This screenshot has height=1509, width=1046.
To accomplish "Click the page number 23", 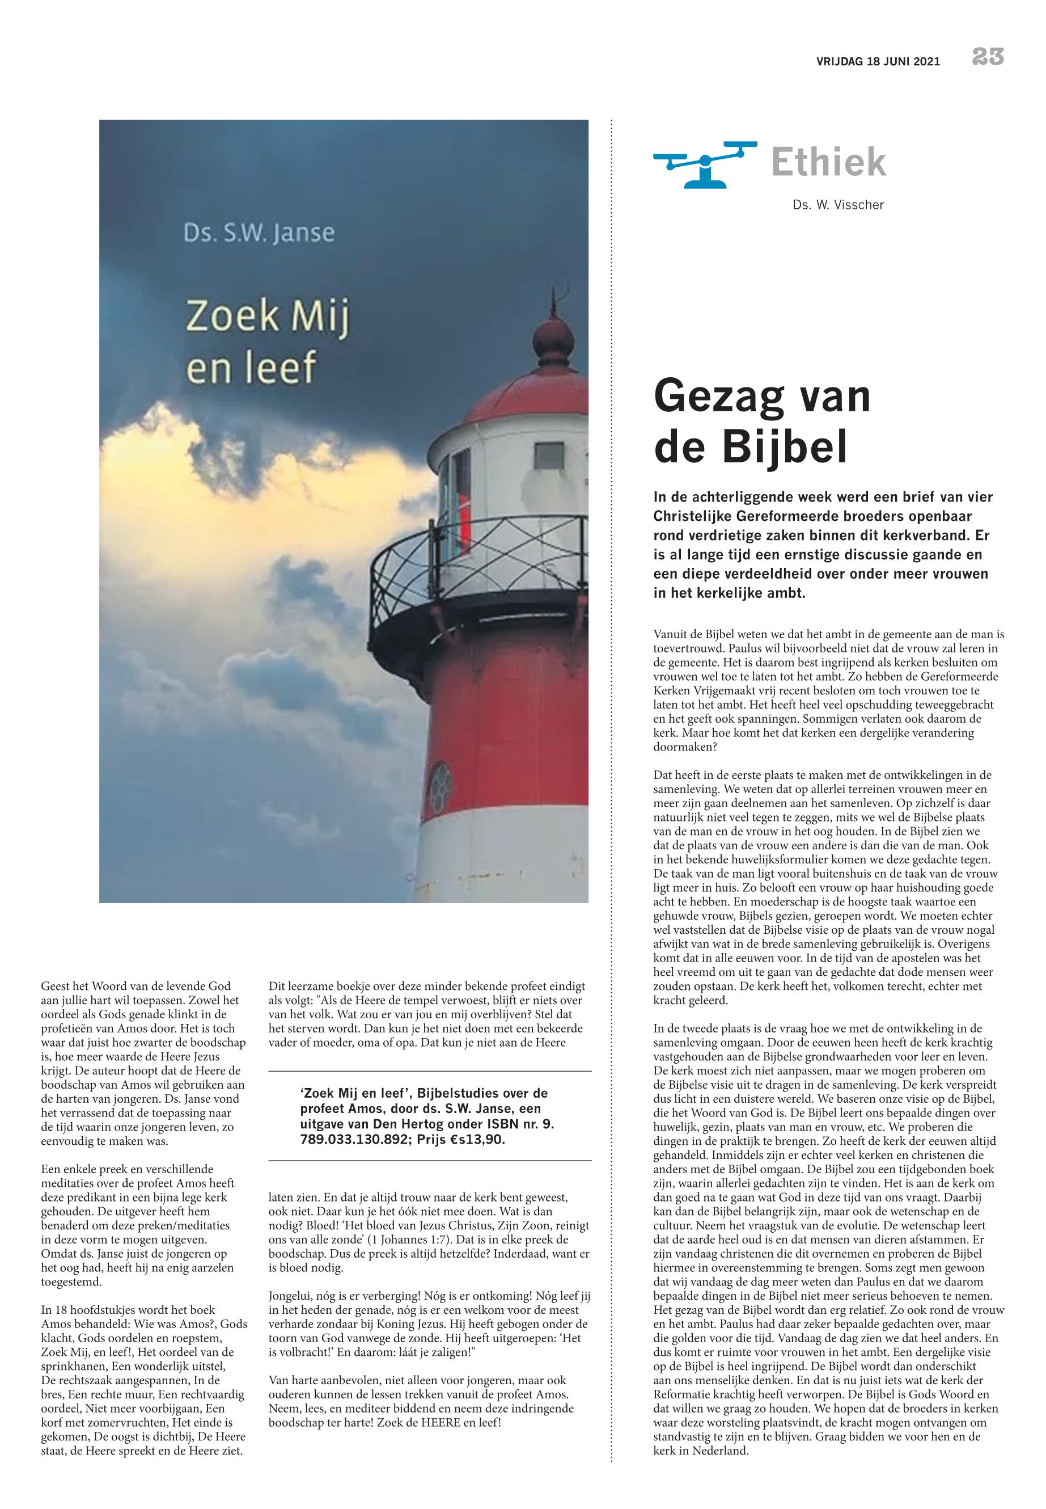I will point(988,58).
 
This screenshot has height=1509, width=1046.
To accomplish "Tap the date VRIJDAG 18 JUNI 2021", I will point(878,62).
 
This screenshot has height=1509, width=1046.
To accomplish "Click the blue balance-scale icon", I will point(705,163).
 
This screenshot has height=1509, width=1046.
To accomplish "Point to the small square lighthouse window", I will point(550,454).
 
